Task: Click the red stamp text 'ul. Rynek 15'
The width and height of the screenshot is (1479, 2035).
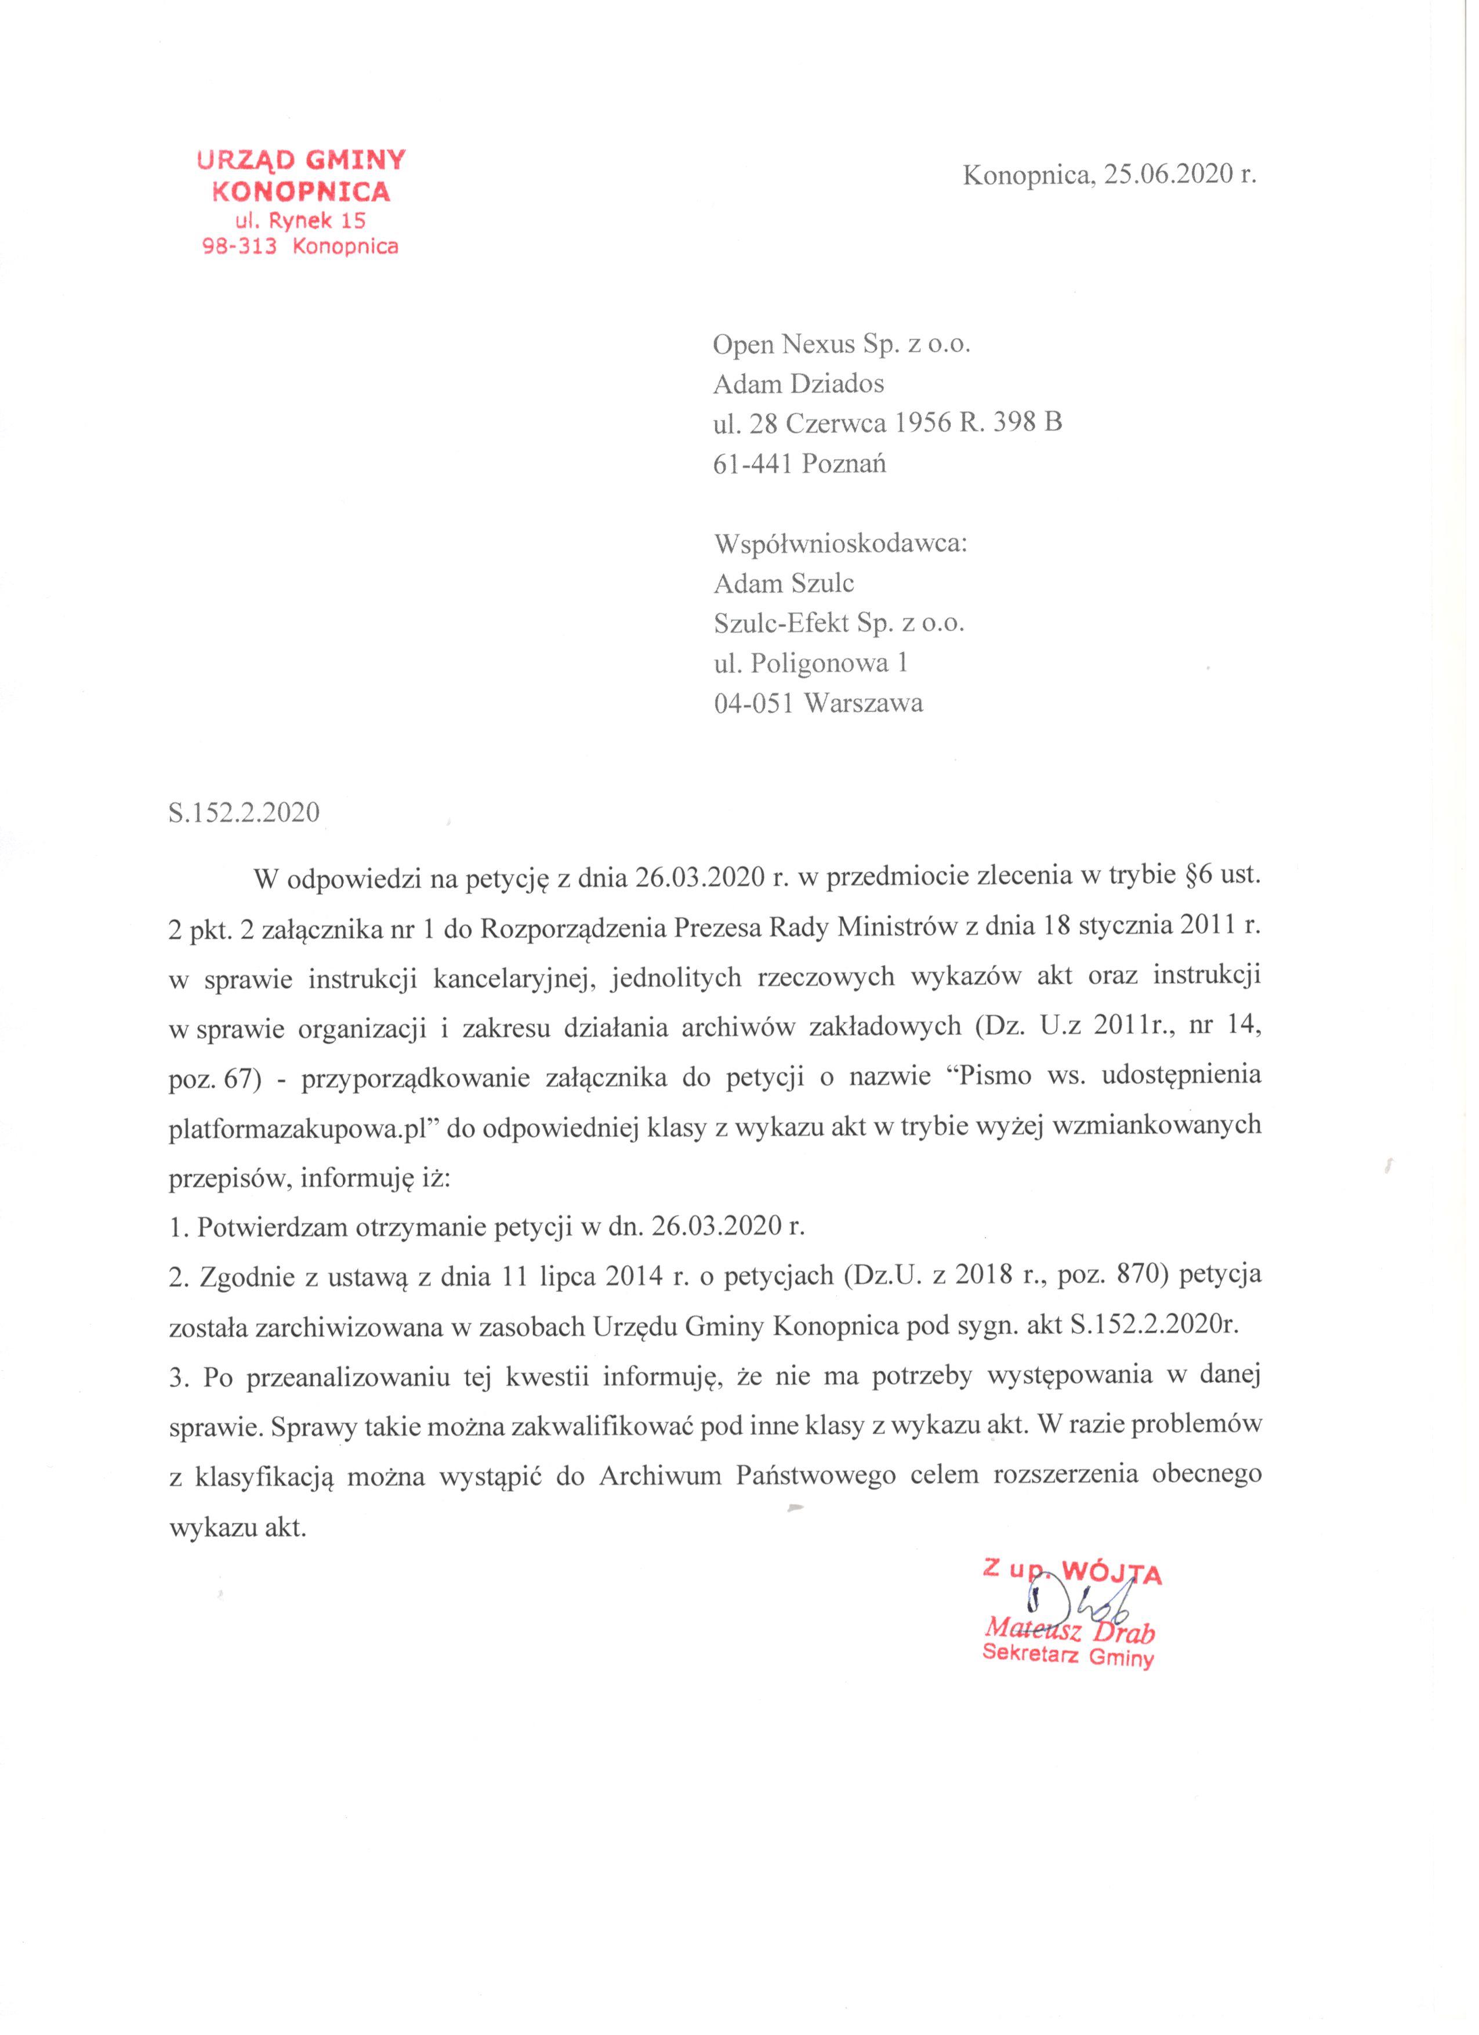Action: [300, 220]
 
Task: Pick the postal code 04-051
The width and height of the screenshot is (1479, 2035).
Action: [753, 703]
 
